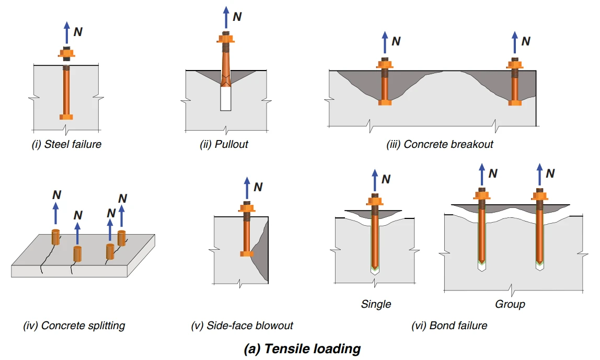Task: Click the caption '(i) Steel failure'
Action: (66, 144)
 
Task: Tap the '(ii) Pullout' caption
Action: (224, 144)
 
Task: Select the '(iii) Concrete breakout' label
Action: (440, 144)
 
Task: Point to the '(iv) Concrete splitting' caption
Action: (74, 326)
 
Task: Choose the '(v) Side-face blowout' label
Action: (242, 326)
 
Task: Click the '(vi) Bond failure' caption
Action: (449, 326)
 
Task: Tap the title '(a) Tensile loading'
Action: (302, 349)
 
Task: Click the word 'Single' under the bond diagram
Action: (376, 304)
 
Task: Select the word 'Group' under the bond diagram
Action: (510, 304)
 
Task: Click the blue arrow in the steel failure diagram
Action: (67, 32)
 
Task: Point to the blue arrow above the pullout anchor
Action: (226, 18)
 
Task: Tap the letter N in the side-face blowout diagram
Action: (258, 187)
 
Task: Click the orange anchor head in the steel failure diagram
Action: (66, 117)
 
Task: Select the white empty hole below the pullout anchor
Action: (226, 99)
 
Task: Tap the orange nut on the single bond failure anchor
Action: (375, 201)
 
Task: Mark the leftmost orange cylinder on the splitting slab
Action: (56, 237)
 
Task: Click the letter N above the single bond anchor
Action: (386, 179)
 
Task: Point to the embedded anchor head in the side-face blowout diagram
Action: (247, 253)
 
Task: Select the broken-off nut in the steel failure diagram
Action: (66, 54)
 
